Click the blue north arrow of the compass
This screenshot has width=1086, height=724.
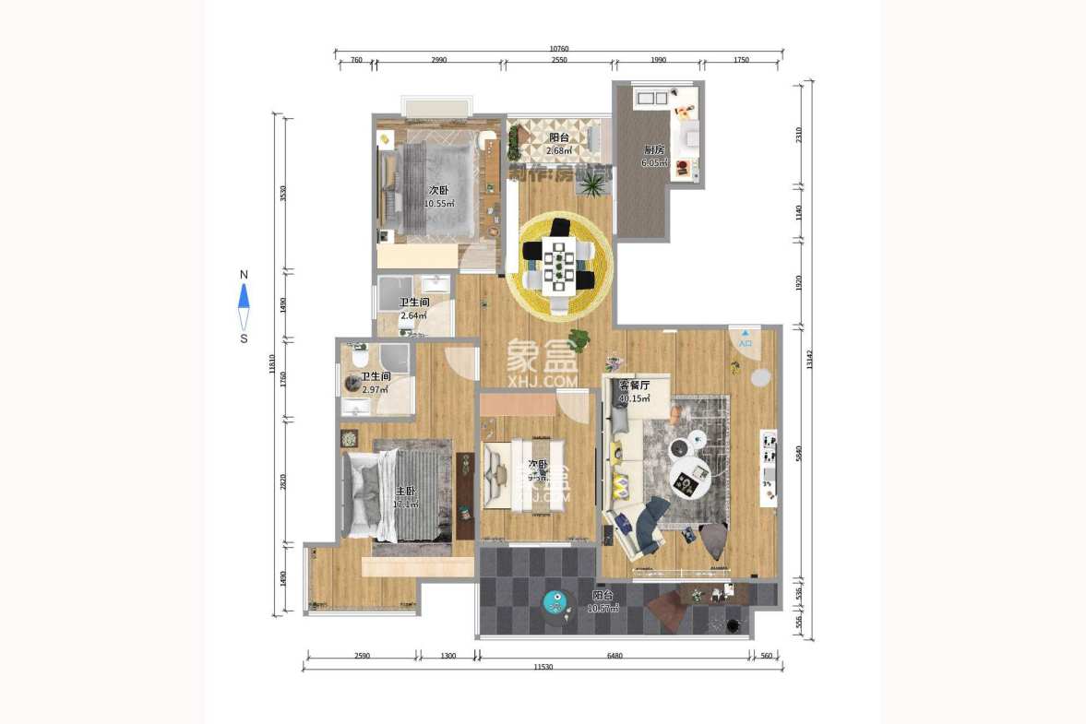click(x=244, y=296)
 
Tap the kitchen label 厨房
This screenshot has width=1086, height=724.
click(x=654, y=149)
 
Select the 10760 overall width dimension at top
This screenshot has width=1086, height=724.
click(x=559, y=49)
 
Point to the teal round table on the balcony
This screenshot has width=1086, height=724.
click(x=555, y=603)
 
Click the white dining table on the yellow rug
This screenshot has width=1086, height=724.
click(x=558, y=265)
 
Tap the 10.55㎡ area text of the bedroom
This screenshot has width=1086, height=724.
click(x=439, y=204)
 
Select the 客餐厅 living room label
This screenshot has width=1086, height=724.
click(x=635, y=386)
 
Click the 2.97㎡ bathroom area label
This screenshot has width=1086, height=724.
click(x=375, y=390)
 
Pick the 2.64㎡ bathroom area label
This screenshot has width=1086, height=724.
click(x=413, y=316)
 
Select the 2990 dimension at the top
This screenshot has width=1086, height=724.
click(x=438, y=60)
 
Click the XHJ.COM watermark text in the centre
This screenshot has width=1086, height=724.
click(x=543, y=380)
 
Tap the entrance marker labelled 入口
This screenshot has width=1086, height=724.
click(x=746, y=343)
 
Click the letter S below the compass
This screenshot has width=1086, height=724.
click(x=244, y=338)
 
